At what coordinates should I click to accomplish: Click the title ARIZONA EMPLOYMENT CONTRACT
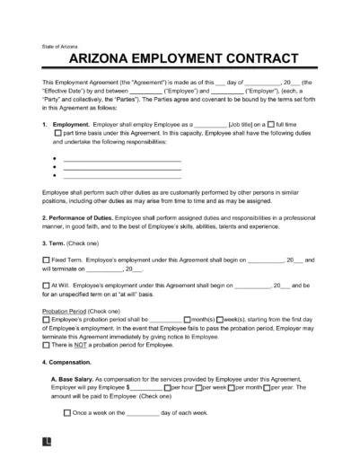180,58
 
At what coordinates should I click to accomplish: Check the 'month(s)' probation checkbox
187,319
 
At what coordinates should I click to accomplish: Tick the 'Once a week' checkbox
69,413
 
